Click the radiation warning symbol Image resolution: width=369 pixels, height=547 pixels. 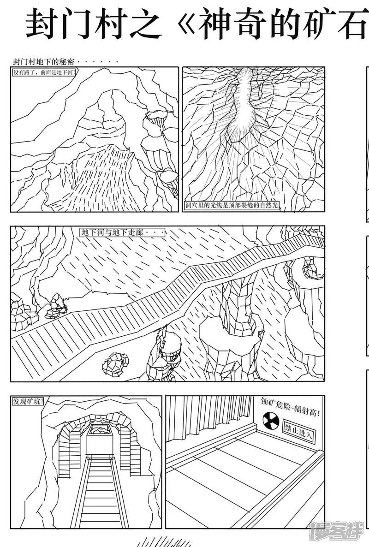[x=270, y=421]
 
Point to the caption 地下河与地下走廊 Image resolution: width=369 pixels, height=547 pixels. [x=122, y=232]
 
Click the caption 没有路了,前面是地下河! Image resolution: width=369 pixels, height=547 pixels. [x=44, y=72]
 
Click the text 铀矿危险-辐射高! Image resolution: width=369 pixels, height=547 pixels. [x=290, y=407]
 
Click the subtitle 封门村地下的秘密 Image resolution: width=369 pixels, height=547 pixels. [x=44, y=62]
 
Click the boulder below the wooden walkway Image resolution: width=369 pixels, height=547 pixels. [x=115, y=363]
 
